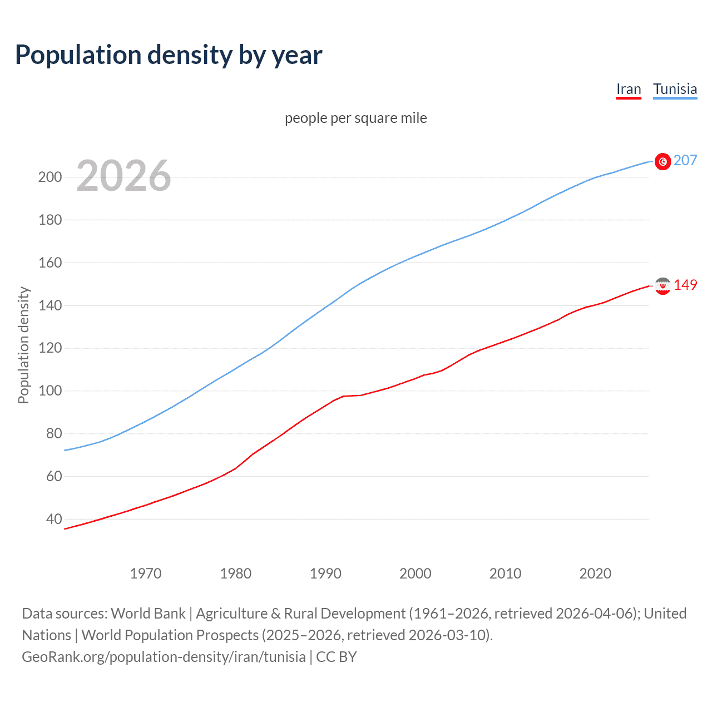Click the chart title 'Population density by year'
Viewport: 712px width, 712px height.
[x=169, y=55]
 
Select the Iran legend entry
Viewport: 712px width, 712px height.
[x=629, y=90]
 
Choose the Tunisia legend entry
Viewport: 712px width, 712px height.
[x=675, y=90]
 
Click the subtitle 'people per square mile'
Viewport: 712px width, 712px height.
[x=355, y=118]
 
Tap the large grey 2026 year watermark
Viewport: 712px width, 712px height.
[x=123, y=176]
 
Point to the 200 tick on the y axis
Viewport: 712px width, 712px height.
[x=50, y=177]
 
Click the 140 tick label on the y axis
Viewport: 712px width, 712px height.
[x=50, y=305]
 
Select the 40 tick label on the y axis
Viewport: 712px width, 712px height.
[x=54, y=519]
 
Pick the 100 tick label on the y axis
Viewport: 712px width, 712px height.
[x=50, y=391]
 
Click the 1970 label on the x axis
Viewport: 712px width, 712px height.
[x=146, y=573]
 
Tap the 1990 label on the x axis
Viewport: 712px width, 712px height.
[x=325, y=573]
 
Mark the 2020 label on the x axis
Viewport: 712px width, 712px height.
[x=595, y=573]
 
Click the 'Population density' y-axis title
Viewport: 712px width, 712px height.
[x=23, y=345]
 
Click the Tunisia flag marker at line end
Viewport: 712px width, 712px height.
[x=662, y=161]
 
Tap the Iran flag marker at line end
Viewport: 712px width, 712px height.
[x=662, y=286]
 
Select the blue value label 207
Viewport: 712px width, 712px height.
[x=685, y=161]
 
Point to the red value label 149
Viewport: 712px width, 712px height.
[x=685, y=285]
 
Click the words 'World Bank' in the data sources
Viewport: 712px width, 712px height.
[x=148, y=614]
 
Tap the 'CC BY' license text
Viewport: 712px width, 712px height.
[x=336, y=657]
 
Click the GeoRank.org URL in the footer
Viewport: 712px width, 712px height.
[x=164, y=657]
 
